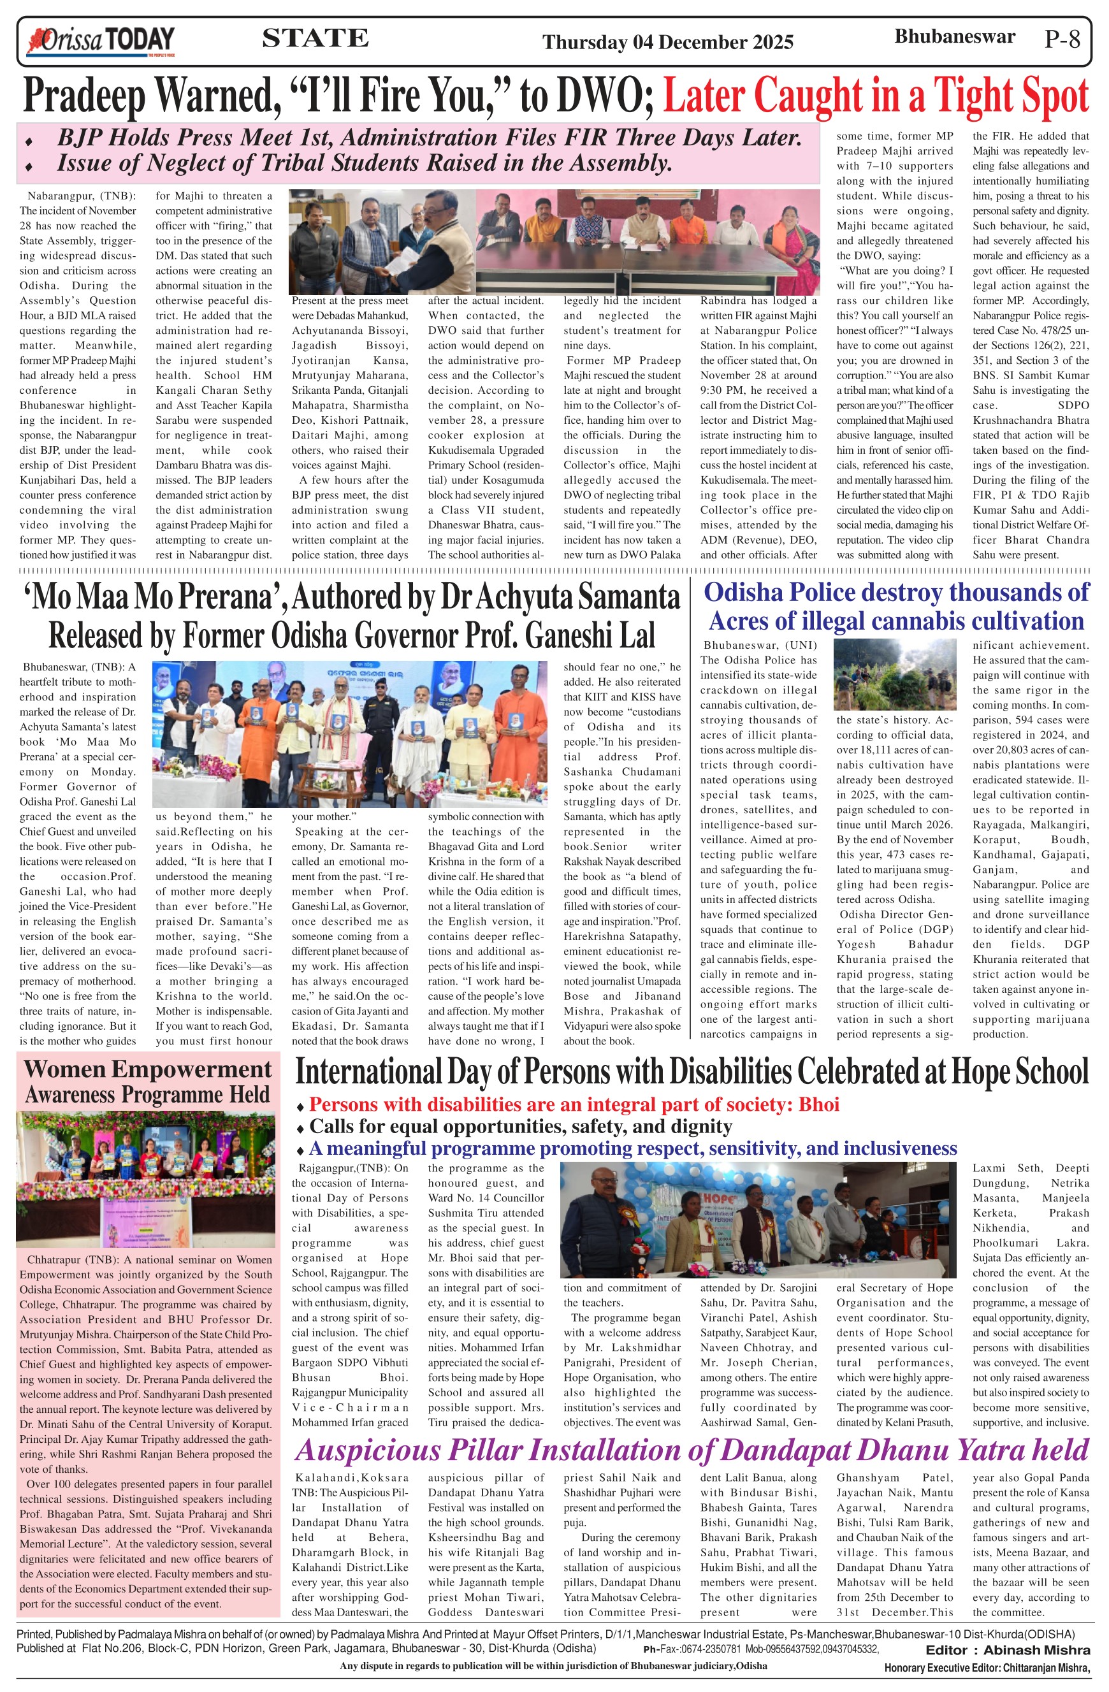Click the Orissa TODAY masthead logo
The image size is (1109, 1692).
click(x=100, y=41)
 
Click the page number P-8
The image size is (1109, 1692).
click(x=1062, y=39)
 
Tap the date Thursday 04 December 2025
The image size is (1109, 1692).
click(x=667, y=43)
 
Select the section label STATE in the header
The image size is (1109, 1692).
click(x=315, y=38)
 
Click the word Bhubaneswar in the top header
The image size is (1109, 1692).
click(x=954, y=37)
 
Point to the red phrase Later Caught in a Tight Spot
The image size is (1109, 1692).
click(x=875, y=96)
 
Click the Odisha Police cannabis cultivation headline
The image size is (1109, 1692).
click(x=895, y=607)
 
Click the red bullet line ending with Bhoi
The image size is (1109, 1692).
click(x=574, y=1105)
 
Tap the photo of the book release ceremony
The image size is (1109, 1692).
click(x=350, y=734)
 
